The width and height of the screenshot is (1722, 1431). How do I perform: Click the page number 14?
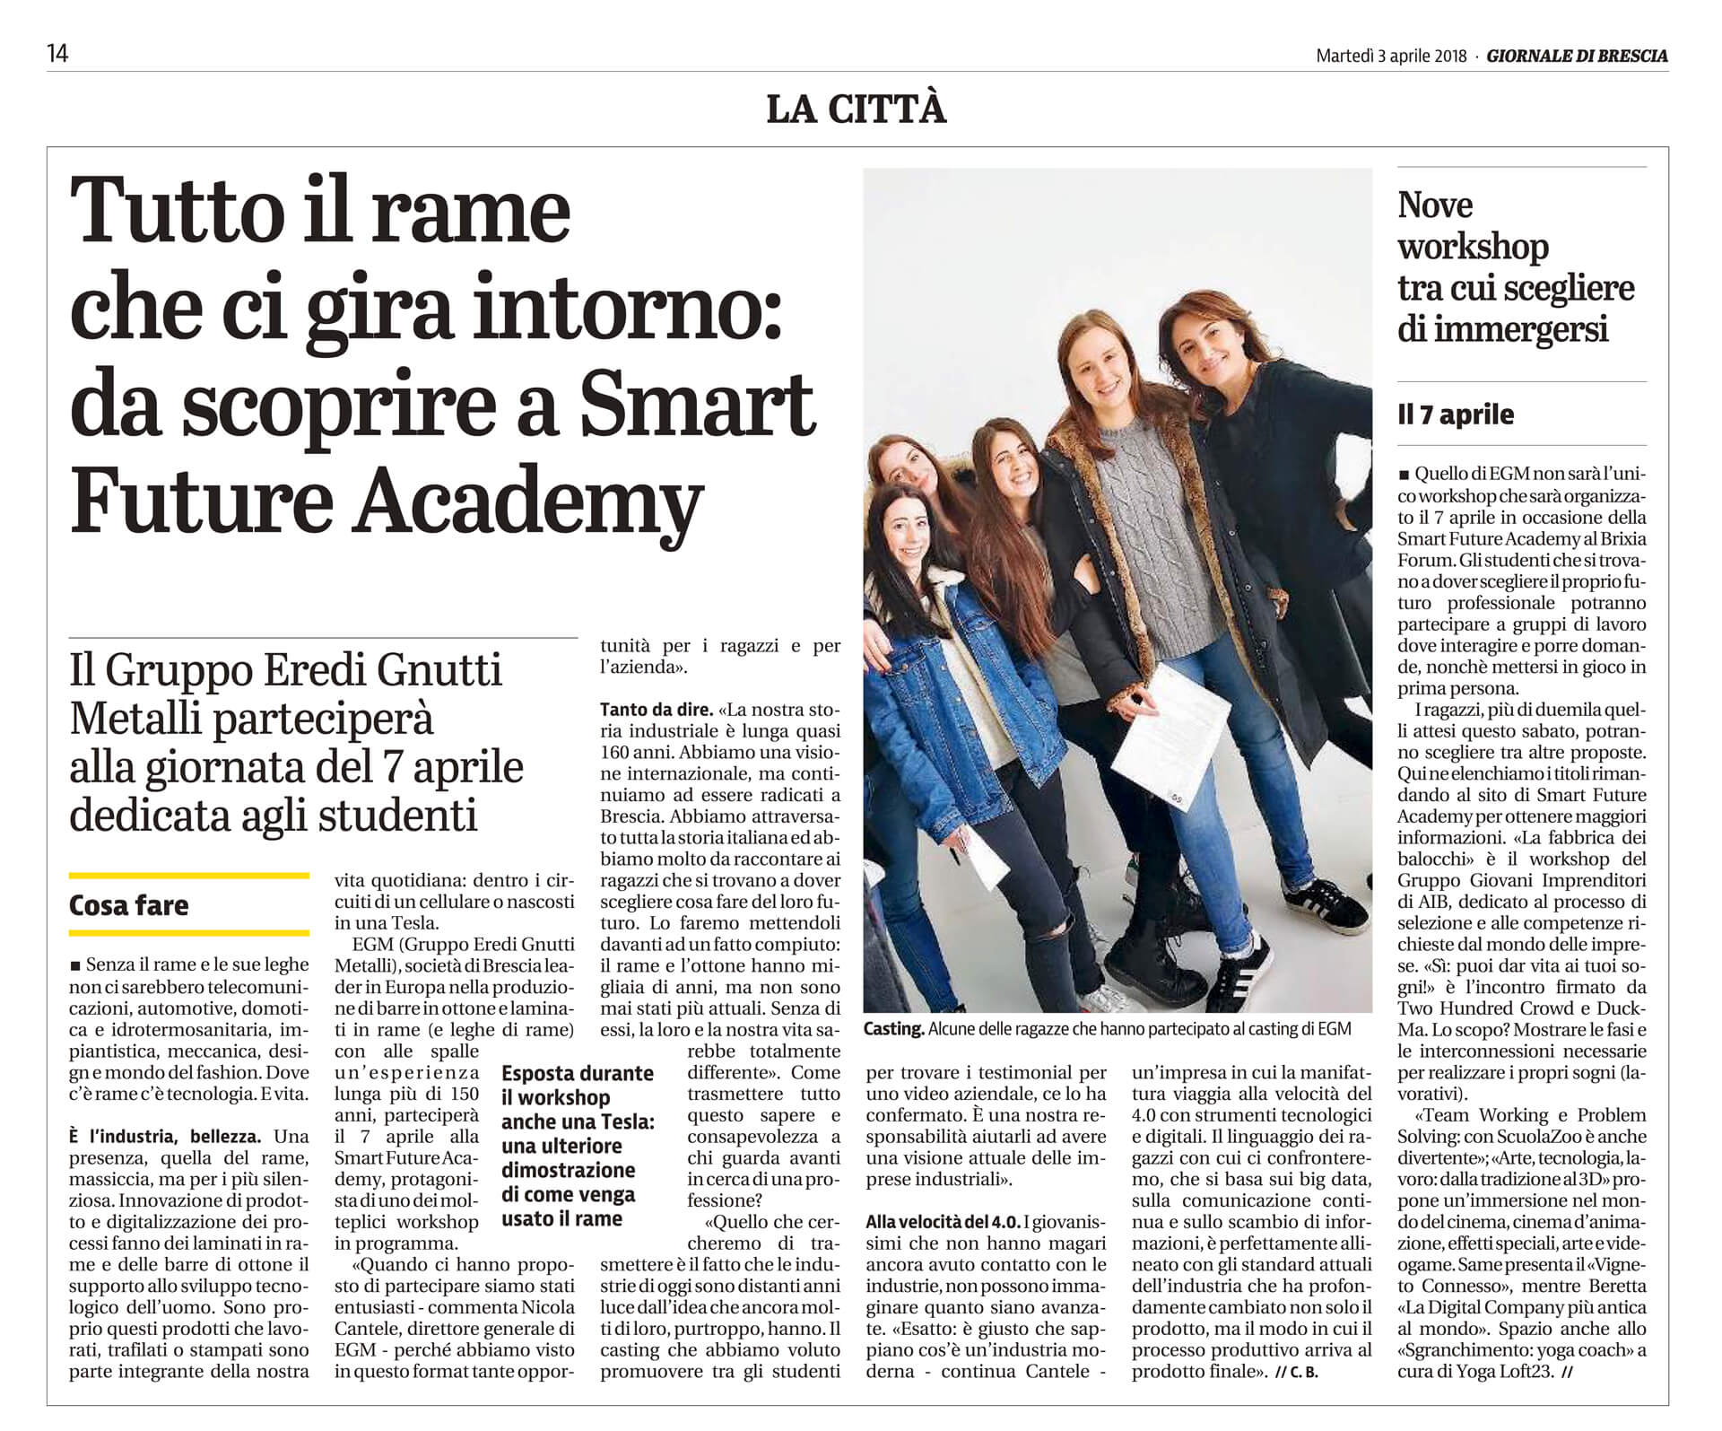57,55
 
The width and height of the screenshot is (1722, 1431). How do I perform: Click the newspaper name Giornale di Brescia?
1577,56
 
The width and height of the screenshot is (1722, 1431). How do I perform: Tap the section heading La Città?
856,109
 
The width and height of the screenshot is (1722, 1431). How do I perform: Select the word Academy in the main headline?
528,501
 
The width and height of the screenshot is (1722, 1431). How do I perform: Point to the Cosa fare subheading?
128,905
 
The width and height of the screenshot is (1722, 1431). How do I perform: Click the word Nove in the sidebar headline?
1434,205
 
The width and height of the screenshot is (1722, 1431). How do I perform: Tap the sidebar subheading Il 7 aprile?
1455,414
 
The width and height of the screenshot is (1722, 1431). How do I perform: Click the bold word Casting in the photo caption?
893,1029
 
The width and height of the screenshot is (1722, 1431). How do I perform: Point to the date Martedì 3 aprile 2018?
1390,56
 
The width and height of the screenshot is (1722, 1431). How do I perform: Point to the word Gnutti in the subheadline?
440,671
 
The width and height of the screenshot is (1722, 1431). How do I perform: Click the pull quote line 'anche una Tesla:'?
578,1121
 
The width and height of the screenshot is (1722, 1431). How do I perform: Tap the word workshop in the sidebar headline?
1473,247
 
